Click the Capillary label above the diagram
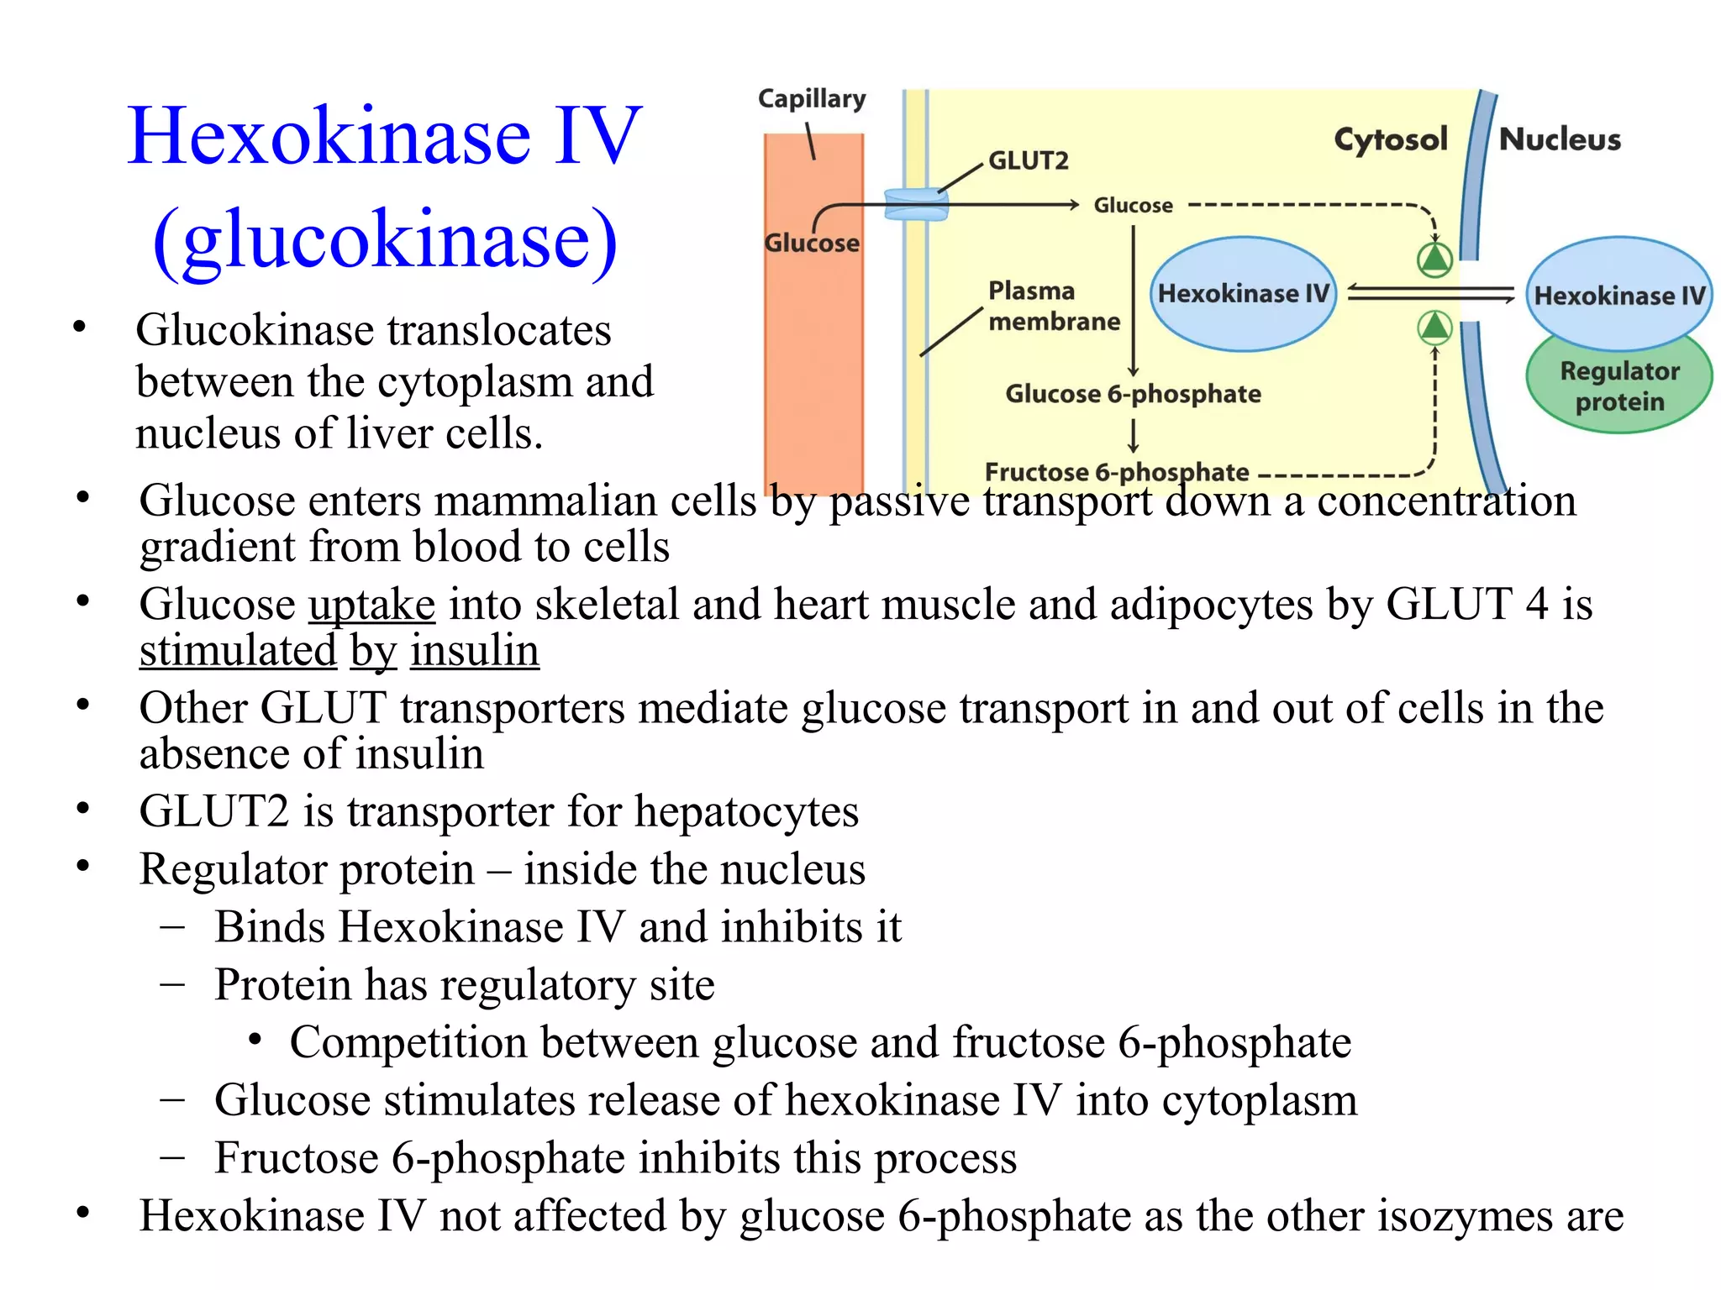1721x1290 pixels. coord(811,99)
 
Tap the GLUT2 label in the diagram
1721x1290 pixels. coord(1028,160)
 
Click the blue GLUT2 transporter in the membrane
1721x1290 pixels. coord(916,204)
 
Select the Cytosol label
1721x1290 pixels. coord(1390,139)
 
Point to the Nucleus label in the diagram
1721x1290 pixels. coord(1560,139)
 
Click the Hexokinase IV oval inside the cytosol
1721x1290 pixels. coord(1243,294)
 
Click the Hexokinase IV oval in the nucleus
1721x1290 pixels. coord(1618,295)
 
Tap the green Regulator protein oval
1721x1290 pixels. coord(1618,386)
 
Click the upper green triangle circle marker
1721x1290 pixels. coord(1434,259)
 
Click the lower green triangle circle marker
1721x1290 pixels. coord(1434,327)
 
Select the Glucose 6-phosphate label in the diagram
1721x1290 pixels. coord(1133,394)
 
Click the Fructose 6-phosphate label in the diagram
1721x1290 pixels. coord(1116,472)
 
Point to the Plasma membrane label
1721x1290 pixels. coord(1053,307)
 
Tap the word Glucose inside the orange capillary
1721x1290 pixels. coord(811,244)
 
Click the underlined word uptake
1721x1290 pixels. coord(371,605)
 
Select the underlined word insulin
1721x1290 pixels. coord(474,651)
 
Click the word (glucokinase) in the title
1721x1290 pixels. coord(385,239)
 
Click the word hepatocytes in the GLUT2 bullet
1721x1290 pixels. coord(745,812)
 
